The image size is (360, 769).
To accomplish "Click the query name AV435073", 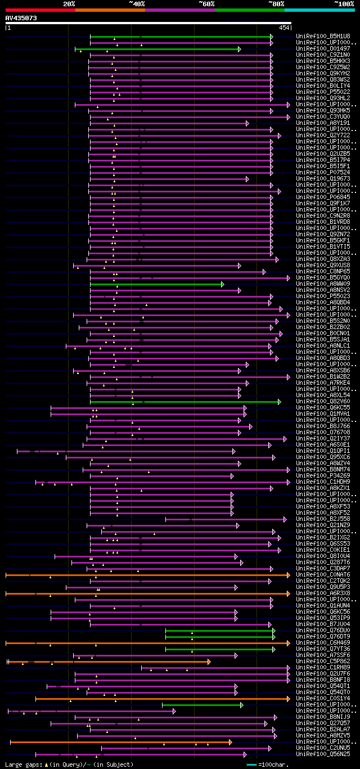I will coord(21,18).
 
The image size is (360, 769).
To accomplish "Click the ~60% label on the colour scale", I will coord(206,4).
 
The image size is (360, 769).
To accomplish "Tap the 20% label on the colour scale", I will coord(69,4).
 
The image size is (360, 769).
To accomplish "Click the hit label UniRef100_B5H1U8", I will coord(322,36).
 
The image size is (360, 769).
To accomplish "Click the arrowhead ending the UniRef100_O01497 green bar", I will coord(239,49).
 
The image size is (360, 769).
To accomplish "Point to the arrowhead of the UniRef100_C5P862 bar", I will coord(209,662).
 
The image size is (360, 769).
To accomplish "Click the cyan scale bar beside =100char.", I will coord(251,764).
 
